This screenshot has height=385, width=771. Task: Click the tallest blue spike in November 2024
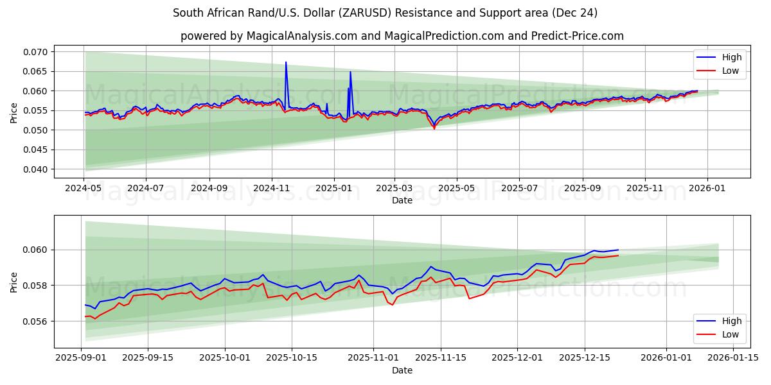286,62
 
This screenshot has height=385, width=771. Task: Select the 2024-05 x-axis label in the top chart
84,189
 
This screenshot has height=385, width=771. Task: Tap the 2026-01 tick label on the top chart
707,189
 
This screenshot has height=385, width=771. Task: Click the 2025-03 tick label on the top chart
394,189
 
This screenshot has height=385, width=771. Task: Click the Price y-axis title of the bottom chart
14,282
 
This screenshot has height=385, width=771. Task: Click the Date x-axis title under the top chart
402,200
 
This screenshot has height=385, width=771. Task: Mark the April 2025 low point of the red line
434,128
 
